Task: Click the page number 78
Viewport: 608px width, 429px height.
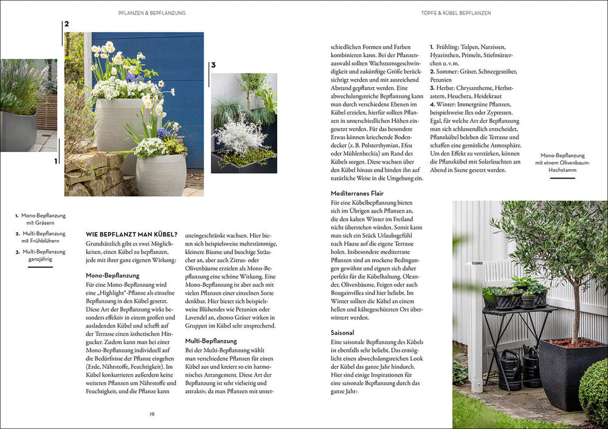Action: tap(152, 414)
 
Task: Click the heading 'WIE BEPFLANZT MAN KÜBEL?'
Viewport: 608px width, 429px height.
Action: tap(131, 235)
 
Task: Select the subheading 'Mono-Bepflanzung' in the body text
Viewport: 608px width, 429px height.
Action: tap(112, 275)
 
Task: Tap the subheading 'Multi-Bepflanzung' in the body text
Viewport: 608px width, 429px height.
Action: tap(212, 341)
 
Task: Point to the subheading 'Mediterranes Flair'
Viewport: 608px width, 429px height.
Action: tap(357, 193)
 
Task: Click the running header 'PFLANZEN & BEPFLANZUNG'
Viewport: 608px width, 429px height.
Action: tap(152, 13)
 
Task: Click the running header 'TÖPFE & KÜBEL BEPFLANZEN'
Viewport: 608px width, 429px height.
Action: tap(456, 13)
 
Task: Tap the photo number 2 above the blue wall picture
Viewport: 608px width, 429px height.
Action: tap(66, 24)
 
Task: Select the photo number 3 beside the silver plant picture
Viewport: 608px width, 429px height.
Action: tap(213, 65)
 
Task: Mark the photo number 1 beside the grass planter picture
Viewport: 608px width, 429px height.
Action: tap(55, 161)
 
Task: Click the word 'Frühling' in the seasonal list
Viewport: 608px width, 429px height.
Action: tap(451, 47)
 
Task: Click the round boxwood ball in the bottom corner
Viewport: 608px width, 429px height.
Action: tap(594, 392)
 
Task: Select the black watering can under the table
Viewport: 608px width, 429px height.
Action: tap(510, 371)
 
